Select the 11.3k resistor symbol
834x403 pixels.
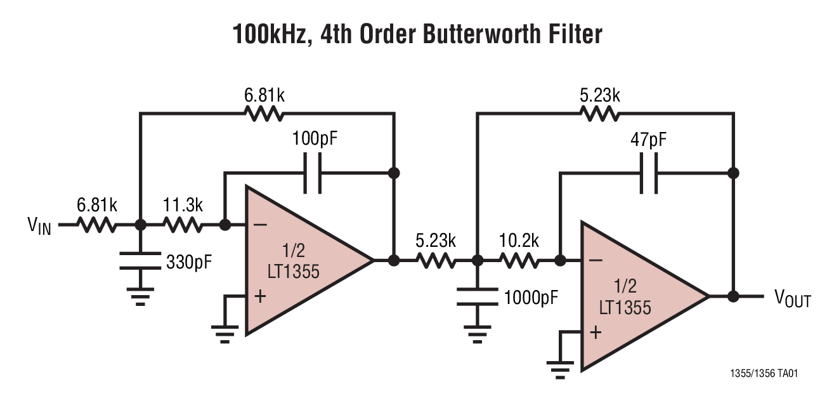click(183, 225)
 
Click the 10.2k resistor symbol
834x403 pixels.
click(519, 261)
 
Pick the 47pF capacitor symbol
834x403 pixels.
click(649, 173)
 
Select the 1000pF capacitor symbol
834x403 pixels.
click(477, 294)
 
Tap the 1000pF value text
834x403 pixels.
click(531, 296)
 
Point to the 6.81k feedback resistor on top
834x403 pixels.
click(264, 114)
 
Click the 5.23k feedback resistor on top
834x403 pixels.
click(599, 114)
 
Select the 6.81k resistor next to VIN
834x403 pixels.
click(97, 225)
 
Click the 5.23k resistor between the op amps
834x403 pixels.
click(435, 261)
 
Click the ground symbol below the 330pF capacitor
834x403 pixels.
click(140, 295)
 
